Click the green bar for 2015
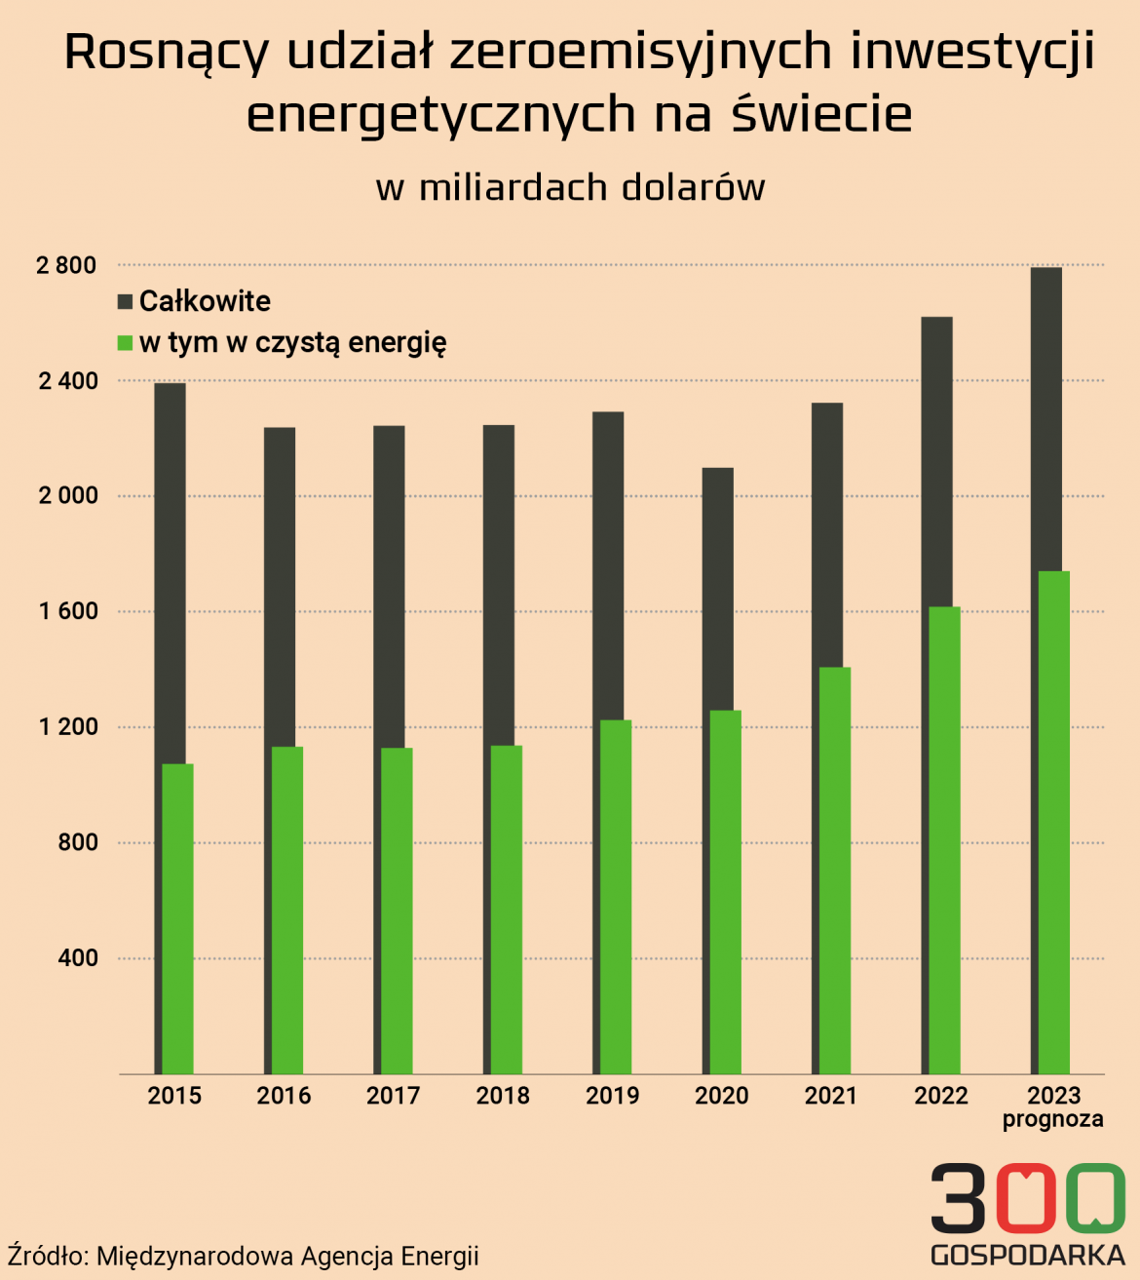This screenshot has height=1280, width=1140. pos(177,916)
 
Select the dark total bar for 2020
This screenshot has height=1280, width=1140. pos(718,585)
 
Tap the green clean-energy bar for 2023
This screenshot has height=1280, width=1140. pos(1053,819)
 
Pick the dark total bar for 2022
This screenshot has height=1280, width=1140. pos(936,458)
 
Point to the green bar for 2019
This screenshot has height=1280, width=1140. pos(616,897)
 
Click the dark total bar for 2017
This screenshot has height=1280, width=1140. pos(389,585)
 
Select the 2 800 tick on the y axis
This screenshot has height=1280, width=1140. pos(66,265)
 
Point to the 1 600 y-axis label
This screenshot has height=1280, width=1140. pos(68,611)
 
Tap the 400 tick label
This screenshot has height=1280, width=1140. pos(78,958)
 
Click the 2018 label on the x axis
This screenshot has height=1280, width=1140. pos(503,1096)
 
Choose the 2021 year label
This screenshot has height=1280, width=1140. pos(831,1096)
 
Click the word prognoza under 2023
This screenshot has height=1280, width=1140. pos(1052,1119)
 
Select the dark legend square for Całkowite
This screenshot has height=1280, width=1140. pos(125,301)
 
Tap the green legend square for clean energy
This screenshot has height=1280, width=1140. pos(125,343)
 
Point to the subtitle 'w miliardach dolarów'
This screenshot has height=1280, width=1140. pos(570,187)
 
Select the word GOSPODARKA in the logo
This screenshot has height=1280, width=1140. pos(1028,1255)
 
